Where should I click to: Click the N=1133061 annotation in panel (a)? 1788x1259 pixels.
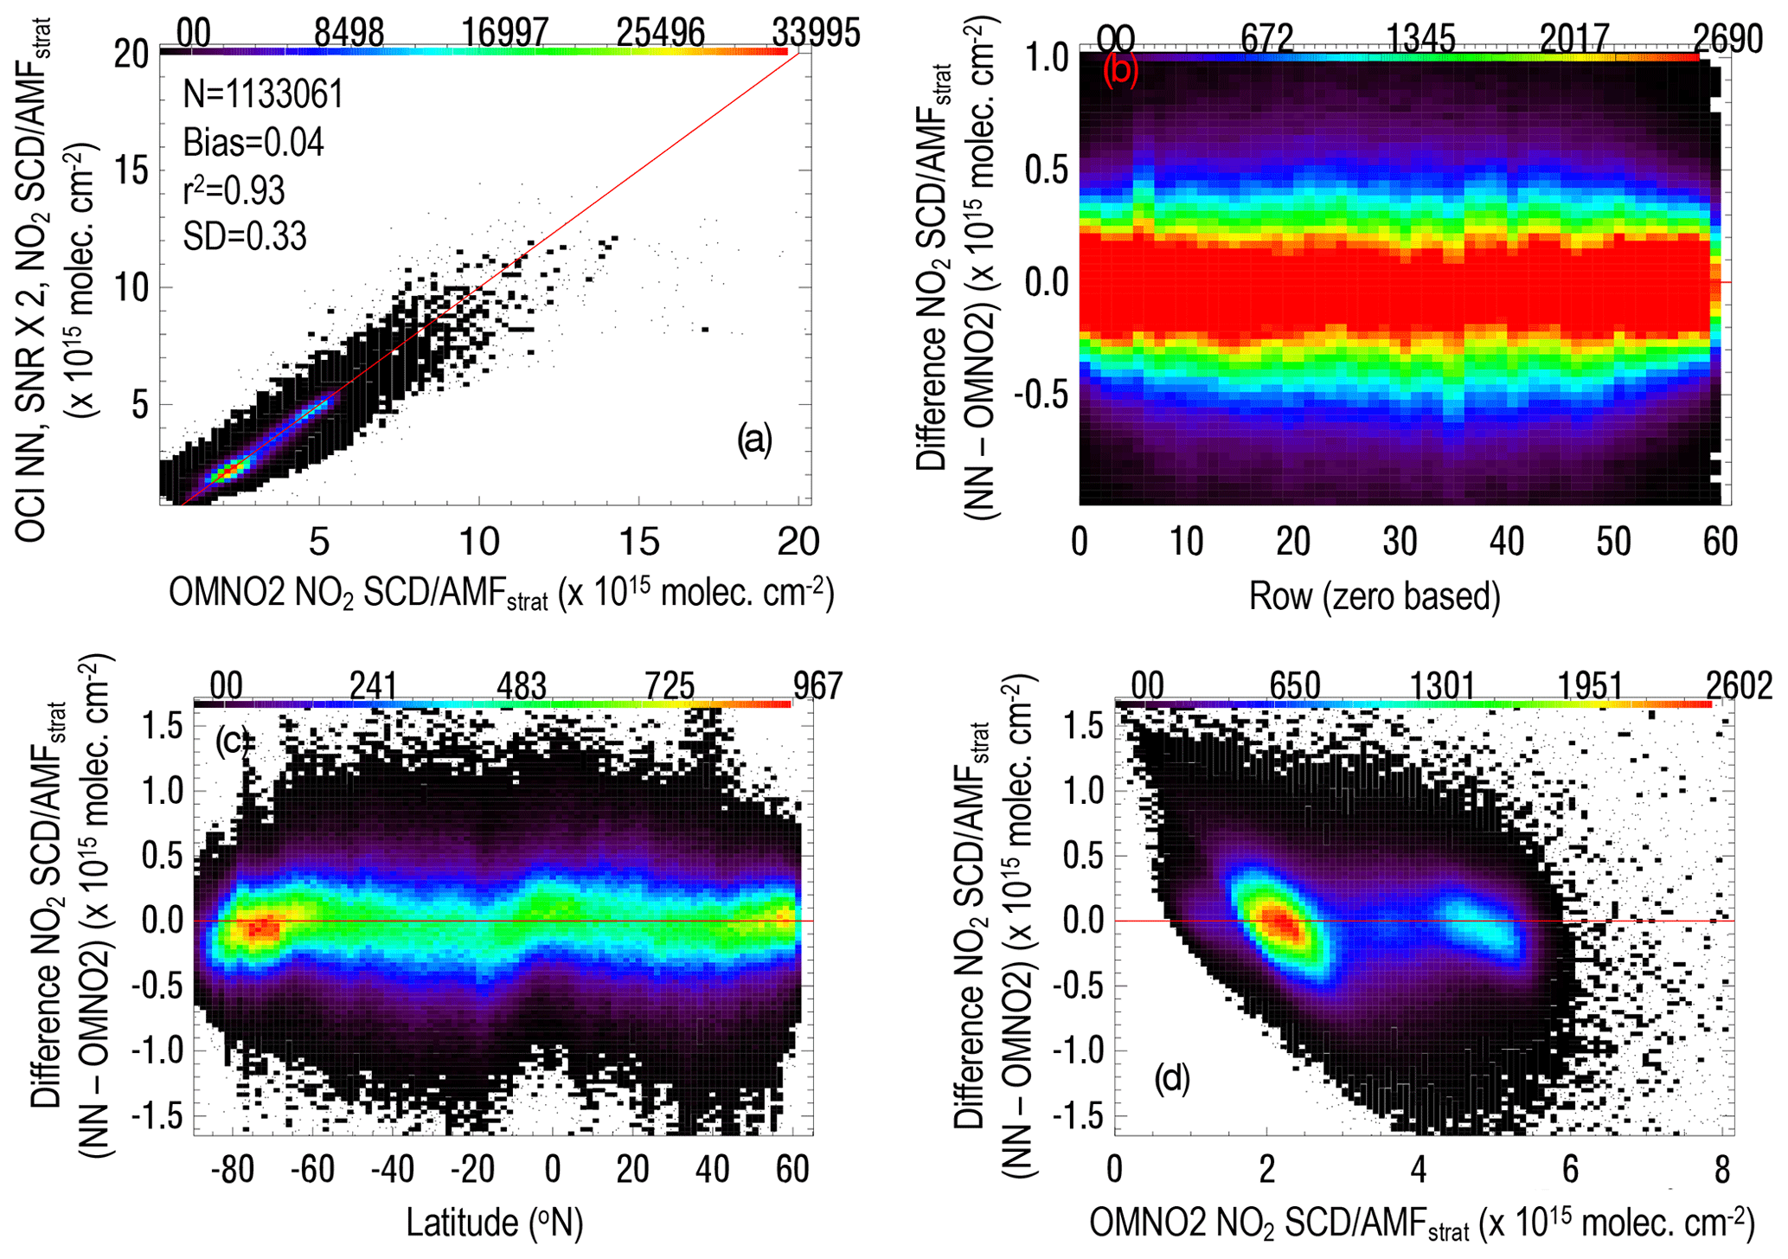pyautogui.click(x=263, y=93)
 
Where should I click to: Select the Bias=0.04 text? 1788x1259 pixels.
pyautogui.click(x=253, y=142)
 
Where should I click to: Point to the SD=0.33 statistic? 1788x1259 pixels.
pyautogui.click(x=245, y=236)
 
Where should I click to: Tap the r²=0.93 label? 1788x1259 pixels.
pyautogui.click(x=234, y=189)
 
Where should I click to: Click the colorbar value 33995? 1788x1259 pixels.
pyautogui.click(x=816, y=34)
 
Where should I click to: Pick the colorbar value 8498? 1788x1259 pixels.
pyautogui.click(x=349, y=34)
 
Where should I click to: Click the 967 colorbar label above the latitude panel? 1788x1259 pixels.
pyautogui.click(x=817, y=686)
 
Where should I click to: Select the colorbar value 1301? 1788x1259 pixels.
pyautogui.click(x=1442, y=686)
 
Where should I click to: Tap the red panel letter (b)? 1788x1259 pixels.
pyautogui.click(x=1120, y=71)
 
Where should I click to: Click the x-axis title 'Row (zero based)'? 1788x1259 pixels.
pyautogui.click(x=1374, y=596)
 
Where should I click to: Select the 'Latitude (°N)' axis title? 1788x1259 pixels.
pyautogui.click(x=494, y=1223)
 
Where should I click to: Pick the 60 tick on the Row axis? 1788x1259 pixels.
pyautogui.click(x=1720, y=543)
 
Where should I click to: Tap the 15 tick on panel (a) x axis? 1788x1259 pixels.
pyautogui.click(x=638, y=543)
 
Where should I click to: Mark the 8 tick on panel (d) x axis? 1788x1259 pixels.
pyautogui.click(x=1722, y=1169)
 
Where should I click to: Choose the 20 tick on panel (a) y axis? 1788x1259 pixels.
pyautogui.click(x=131, y=55)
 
